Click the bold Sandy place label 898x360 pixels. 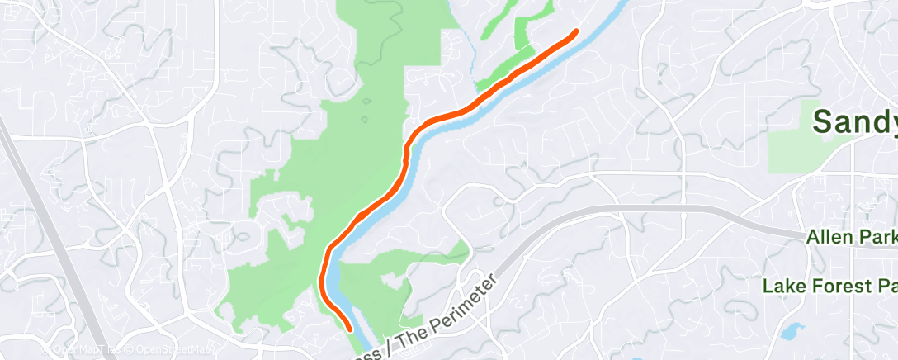point(855,121)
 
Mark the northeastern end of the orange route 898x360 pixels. point(575,31)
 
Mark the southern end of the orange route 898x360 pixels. point(352,328)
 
